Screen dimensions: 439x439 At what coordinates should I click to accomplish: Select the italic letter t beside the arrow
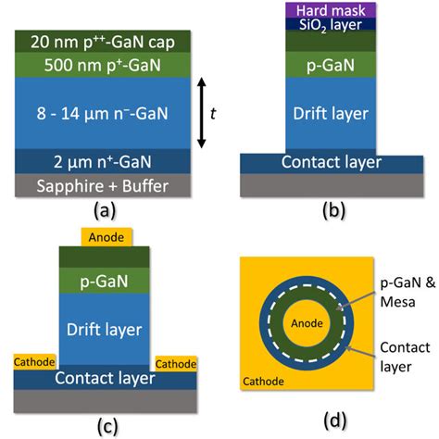pos(213,113)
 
